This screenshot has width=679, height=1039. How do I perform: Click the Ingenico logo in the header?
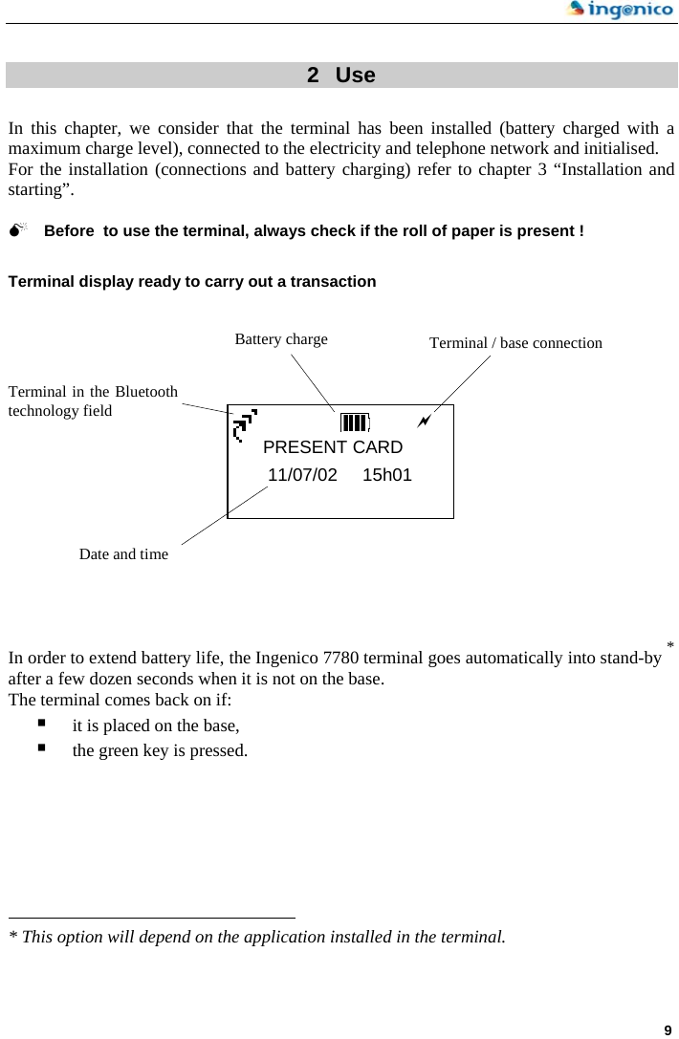[620, 11]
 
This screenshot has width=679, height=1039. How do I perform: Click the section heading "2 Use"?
[340, 76]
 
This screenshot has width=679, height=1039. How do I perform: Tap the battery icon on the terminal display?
[355, 422]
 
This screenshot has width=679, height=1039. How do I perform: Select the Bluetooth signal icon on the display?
[245, 425]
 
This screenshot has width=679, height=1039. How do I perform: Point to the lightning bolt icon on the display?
[424, 421]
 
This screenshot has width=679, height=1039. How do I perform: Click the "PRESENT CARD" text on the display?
[333, 447]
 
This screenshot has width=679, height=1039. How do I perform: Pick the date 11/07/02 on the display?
[302, 475]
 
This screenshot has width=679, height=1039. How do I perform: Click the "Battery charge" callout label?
[281, 339]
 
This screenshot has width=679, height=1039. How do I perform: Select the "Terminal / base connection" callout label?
[515, 343]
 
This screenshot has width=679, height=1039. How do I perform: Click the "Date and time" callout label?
[123, 554]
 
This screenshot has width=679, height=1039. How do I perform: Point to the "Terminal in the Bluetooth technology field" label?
[93, 401]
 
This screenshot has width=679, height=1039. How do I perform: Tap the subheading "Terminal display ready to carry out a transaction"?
[192, 282]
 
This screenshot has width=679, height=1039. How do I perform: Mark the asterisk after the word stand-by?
[670, 647]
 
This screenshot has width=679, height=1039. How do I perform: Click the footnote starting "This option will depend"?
[256, 937]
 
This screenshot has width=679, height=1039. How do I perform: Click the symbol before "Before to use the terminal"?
[18, 231]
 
